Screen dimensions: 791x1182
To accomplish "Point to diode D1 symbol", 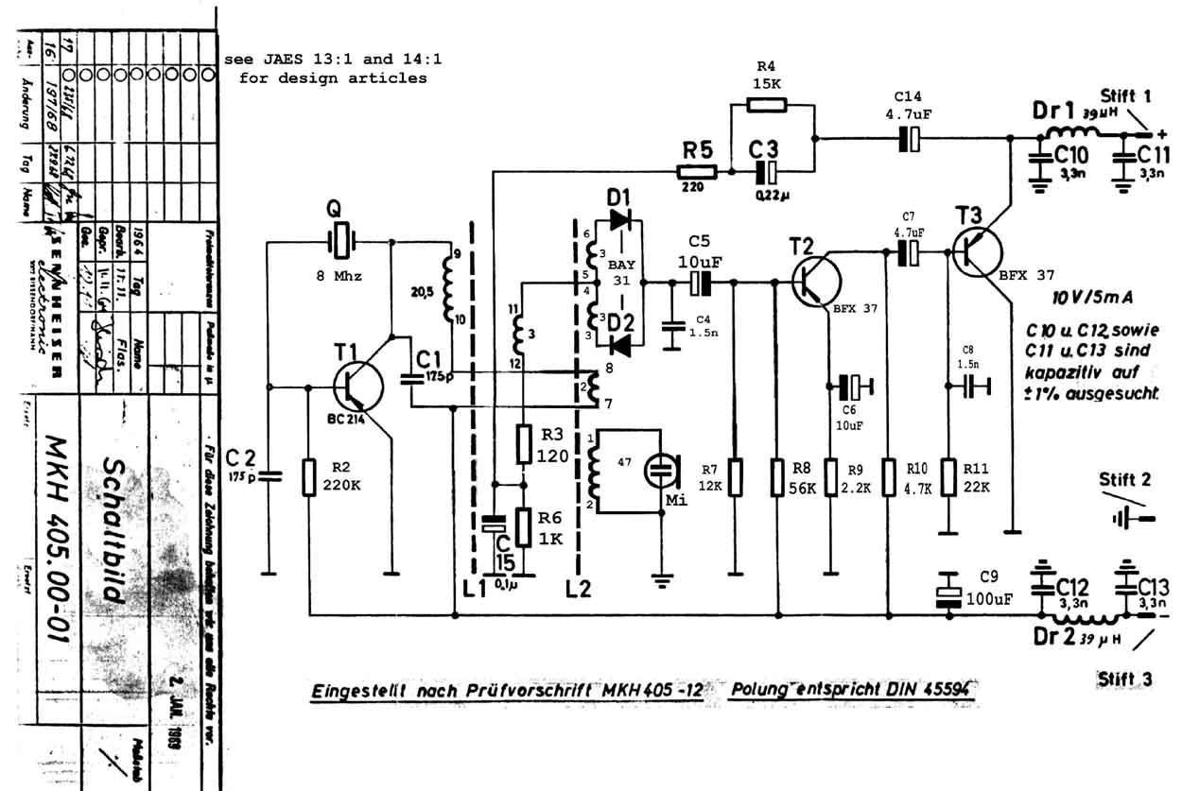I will [x=621, y=220].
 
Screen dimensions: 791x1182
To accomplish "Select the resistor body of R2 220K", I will [x=308, y=476].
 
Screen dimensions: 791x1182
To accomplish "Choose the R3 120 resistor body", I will [x=524, y=443].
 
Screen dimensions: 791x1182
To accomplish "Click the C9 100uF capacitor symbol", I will [x=947, y=588].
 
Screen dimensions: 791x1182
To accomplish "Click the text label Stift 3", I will [x=1125, y=679].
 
